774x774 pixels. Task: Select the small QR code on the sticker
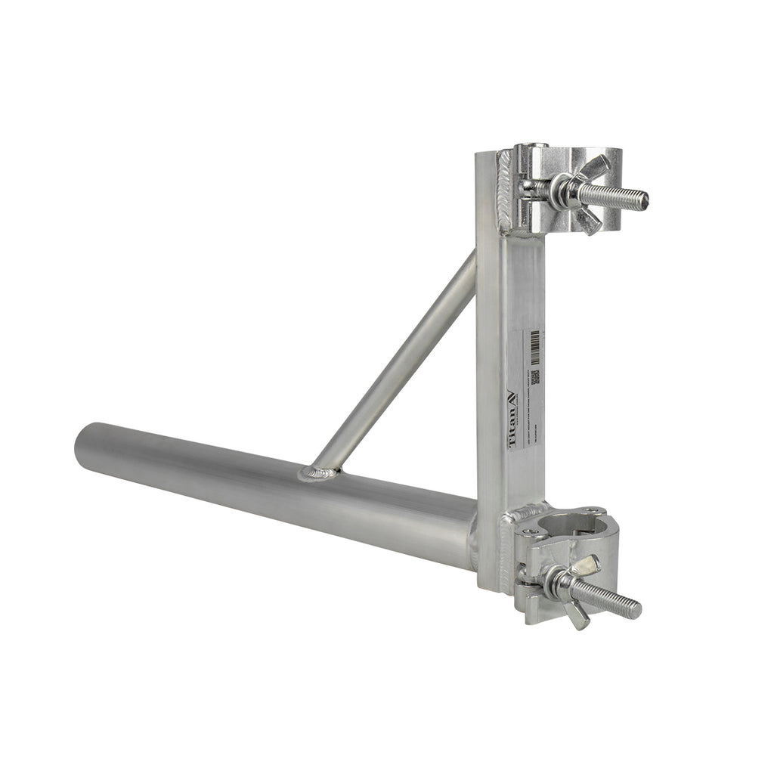tap(534, 377)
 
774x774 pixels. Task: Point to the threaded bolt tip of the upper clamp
tap(641, 200)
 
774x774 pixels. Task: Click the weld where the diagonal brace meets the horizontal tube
tap(319, 473)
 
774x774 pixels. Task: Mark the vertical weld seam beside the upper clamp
tap(504, 193)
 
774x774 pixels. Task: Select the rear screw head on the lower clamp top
tap(592, 512)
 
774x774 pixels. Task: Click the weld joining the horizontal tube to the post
tap(472, 540)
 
